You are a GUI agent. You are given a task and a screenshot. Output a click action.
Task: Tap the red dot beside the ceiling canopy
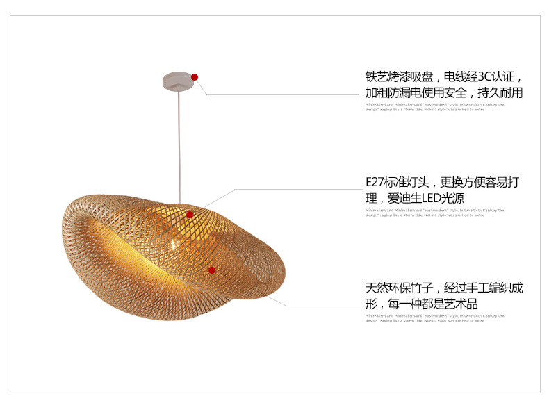pos(195,76)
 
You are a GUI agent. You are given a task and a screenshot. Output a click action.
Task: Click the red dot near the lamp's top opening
pos(190,215)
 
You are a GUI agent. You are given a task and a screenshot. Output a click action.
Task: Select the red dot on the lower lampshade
pos(212,270)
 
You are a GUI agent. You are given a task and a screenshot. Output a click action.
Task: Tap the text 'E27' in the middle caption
pos(376,183)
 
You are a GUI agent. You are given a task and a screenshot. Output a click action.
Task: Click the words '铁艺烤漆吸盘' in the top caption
pos(400,76)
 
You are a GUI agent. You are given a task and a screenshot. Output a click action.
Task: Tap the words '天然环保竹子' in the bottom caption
pos(400,288)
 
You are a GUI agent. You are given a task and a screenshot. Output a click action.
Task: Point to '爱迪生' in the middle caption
pos(407,199)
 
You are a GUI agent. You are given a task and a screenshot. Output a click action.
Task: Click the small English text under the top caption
pos(434,106)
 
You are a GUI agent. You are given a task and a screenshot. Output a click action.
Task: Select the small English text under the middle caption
pos(434,212)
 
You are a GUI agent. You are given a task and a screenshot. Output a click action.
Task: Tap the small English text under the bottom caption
pos(434,318)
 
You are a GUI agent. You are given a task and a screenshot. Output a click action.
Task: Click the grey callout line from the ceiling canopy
pos(278,94)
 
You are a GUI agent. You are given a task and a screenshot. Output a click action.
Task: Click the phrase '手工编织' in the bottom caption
pos(490,288)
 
